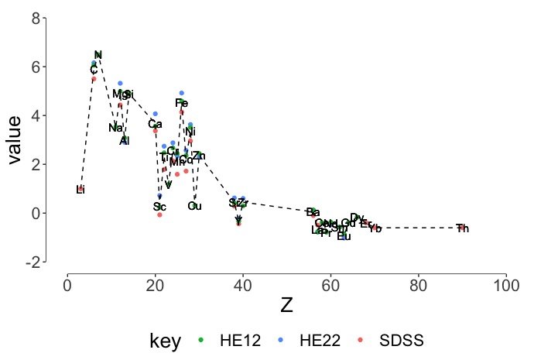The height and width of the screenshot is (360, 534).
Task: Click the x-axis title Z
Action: click(x=286, y=306)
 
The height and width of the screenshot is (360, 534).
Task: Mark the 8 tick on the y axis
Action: click(x=36, y=18)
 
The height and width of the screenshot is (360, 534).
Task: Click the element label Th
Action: click(x=462, y=228)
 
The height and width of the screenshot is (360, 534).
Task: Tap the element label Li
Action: click(x=80, y=190)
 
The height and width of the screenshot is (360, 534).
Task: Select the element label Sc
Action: click(x=159, y=207)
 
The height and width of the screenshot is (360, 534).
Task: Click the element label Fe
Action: click(x=181, y=103)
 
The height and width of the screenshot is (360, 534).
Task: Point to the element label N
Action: click(x=98, y=55)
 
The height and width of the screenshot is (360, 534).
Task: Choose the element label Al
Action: click(x=125, y=140)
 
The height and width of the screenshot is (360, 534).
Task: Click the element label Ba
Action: click(x=313, y=212)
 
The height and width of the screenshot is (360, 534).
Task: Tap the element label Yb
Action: click(x=376, y=228)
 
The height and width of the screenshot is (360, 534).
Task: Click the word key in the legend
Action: click(x=165, y=341)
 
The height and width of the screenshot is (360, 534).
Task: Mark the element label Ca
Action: click(x=155, y=124)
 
